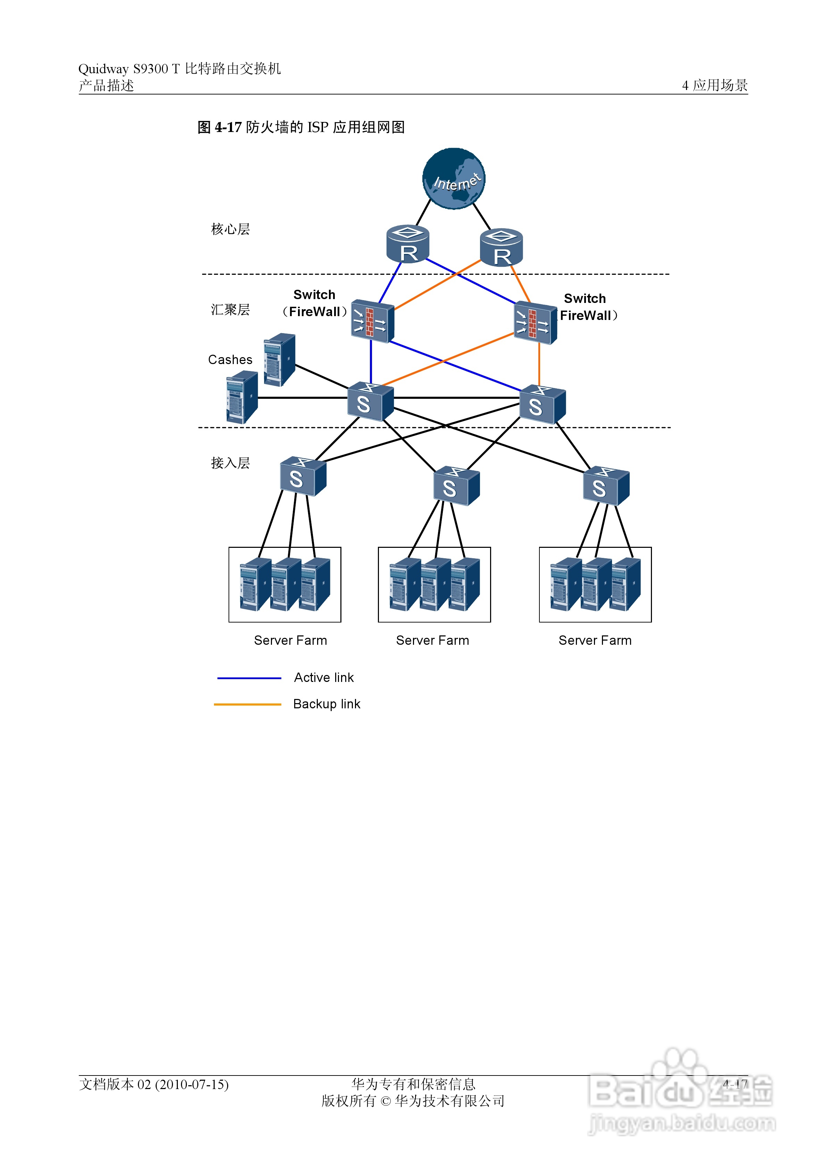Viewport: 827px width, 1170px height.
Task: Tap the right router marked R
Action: (502, 248)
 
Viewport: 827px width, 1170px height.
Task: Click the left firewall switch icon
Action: (372, 321)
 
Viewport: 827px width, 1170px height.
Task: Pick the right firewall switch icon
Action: (535, 323)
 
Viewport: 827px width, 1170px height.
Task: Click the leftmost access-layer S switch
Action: (303, 477)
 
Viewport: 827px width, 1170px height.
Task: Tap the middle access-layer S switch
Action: (456, 486)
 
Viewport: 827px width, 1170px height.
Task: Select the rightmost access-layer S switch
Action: (606, 486)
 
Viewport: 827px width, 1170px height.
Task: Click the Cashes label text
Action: (230, 360)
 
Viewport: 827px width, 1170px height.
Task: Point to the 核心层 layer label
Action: (230, 229)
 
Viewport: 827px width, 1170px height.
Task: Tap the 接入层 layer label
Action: (230, 463)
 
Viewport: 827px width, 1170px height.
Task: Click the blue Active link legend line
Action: (249, 678)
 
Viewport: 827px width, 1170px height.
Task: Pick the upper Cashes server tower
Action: (279, 359)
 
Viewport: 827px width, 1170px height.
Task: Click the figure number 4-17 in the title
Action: (228, 127)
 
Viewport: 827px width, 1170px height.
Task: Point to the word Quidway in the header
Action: (104, 69)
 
